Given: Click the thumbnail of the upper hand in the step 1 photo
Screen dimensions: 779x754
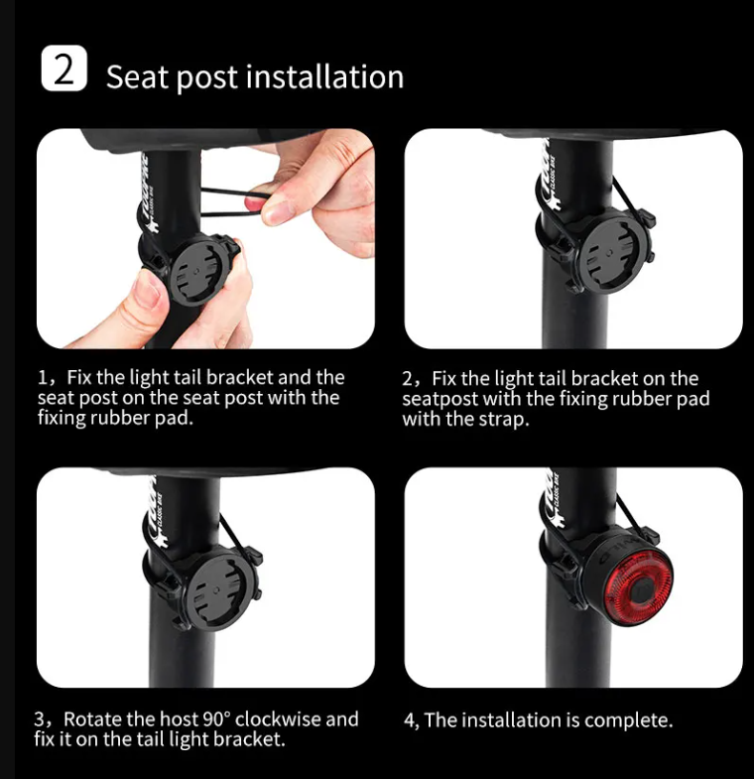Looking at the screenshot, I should pyautogui.click(x=278, y=210).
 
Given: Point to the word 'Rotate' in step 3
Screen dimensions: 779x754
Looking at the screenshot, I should pyautogui.click(x=95, y=718).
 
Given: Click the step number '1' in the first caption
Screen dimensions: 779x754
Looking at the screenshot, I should pyautogui.click(x=43, y=378).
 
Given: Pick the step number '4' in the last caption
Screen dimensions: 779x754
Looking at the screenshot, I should pyautogui.click(x=409, y=720).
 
